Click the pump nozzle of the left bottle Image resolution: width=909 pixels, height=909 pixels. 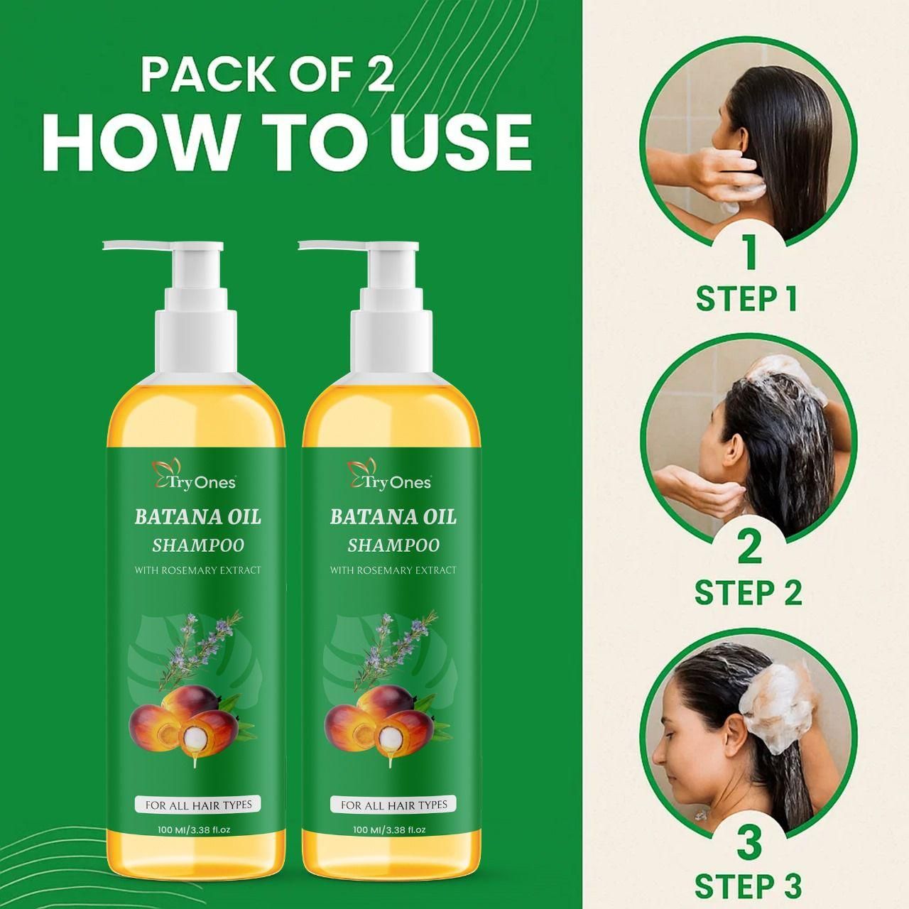coord(135,246)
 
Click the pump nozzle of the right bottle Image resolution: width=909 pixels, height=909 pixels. coord(330,246)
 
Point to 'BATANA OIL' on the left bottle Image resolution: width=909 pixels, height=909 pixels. coord(197,517)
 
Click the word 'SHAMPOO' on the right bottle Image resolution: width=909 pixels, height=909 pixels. coord(393,545)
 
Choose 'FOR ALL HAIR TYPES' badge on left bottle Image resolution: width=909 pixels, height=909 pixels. coord(198,805)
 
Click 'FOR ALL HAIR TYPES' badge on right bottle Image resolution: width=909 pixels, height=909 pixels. coord(393,805)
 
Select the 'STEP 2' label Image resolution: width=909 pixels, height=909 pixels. coord(748,592)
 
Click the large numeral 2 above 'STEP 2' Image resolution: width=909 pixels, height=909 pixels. coord(749,547)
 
